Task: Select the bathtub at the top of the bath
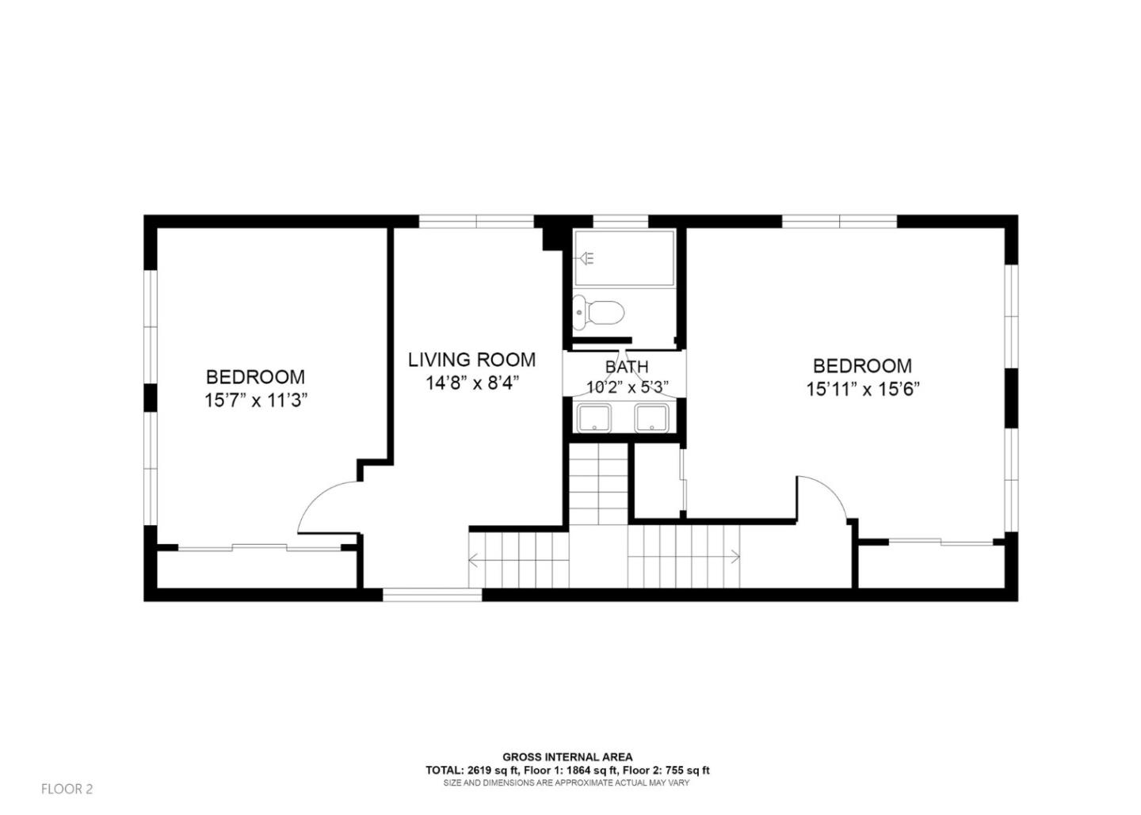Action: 624,258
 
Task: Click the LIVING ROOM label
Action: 471,360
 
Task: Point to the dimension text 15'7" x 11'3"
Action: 255,401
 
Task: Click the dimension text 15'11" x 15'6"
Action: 862,389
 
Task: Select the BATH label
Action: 626,367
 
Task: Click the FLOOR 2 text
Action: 67,789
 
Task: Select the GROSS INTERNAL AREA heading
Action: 567,757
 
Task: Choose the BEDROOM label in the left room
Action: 255,377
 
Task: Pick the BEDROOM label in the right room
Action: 862,366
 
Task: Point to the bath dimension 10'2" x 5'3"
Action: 628,387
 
